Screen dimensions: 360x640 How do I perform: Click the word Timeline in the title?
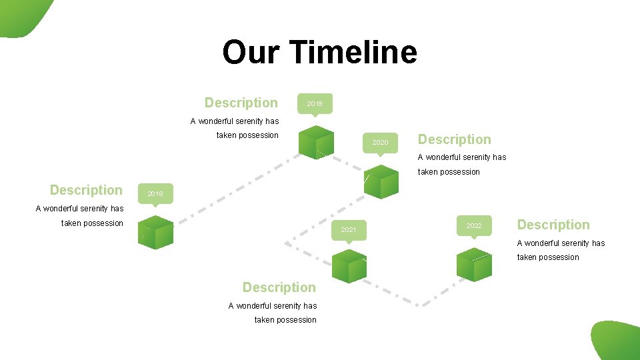tap(354, 52)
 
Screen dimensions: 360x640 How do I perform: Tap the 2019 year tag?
tap(315, 103)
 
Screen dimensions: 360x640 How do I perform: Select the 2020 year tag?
tap(380, 142)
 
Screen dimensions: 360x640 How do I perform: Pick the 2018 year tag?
tap(155, 193)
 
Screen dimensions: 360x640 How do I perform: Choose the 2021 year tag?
tap(349, 229)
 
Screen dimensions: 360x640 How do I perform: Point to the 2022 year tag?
tap(474, 226)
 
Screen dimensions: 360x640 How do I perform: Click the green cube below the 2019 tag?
tap(316, 142)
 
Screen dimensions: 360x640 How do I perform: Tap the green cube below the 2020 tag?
tap(381, 181)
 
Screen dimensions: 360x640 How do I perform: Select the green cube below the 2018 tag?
tap(156, 233)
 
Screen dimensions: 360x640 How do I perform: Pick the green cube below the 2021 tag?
tap(349, 267)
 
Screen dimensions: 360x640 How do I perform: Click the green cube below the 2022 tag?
tap(474, 264)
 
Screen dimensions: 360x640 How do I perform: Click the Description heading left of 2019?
tap(241, 103)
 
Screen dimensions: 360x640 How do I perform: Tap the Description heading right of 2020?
tap(454, 139)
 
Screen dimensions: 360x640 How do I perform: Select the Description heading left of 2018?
tap(86, 190)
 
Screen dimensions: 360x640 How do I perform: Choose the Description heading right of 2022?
tap(553, 225)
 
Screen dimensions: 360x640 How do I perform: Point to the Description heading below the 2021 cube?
tap(279, 287)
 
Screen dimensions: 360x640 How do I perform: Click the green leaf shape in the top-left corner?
tap(23, 16)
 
